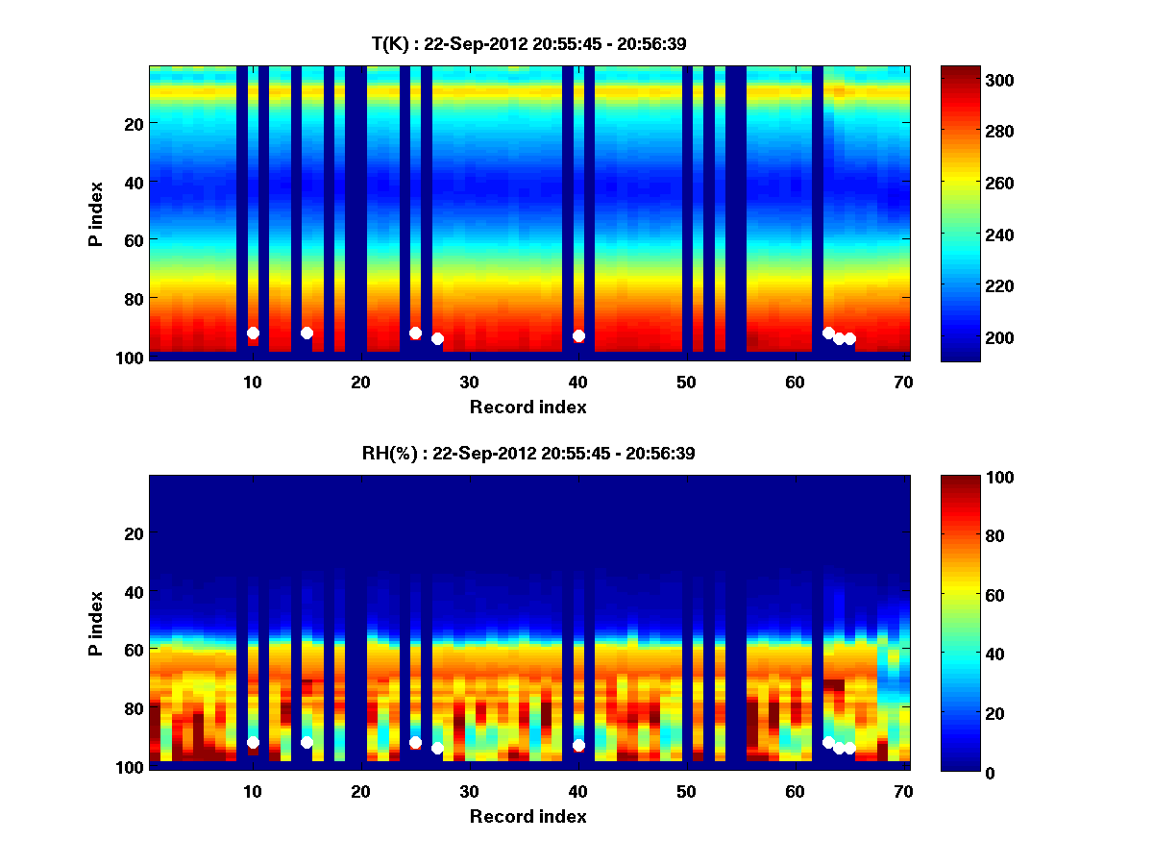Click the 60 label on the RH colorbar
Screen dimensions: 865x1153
[x=965, y=595]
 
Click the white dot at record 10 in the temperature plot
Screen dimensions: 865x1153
[x=253, y=333]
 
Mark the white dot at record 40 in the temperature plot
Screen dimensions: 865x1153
[x=578, y=335]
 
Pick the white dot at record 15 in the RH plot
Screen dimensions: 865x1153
[x=307, y=742]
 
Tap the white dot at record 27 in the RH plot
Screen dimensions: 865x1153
[x=437, y=748]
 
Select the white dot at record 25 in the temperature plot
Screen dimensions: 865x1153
[x=415, y=333]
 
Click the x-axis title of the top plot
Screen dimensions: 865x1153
[x=527, y=407]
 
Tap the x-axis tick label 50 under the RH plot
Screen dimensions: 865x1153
[x=686, y=791]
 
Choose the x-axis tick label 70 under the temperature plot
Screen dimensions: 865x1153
[x=903, y=382]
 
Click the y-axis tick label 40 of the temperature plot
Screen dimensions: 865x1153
[x=133, y=182]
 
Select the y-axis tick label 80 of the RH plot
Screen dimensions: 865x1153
[x=133, y=707]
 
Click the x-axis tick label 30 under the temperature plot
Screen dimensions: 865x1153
[x=469, y=382]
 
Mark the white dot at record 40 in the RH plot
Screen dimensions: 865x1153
[x=578, y=745]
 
